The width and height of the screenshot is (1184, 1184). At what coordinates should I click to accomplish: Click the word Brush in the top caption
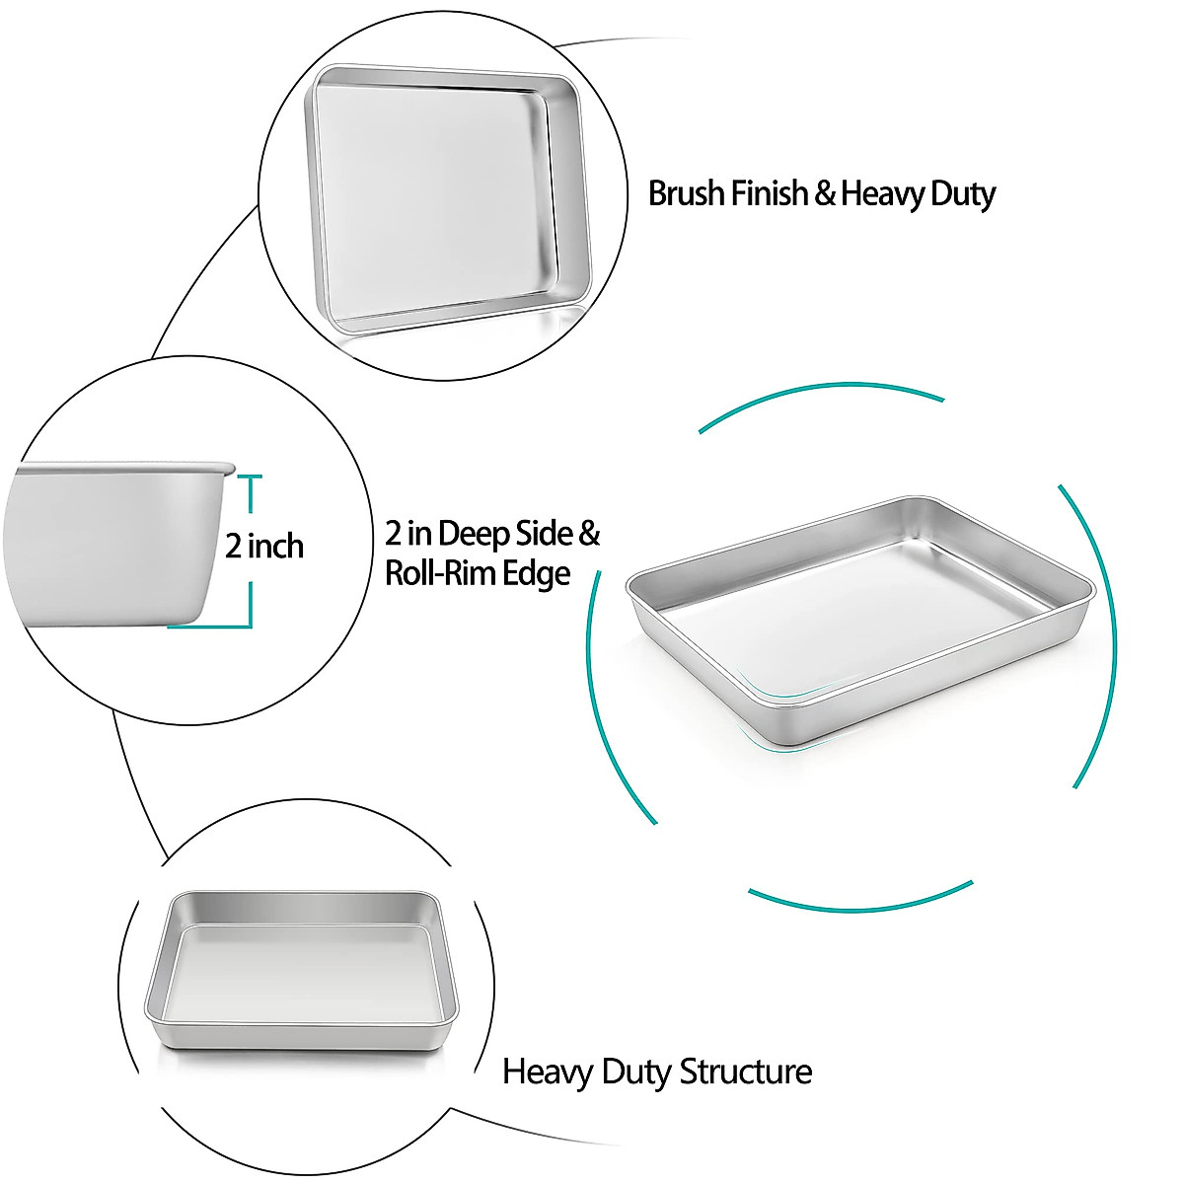[687, 192]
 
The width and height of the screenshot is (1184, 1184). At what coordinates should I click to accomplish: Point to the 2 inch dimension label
[263, 546]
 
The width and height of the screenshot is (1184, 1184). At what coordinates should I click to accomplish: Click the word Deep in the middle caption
[479, 534]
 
